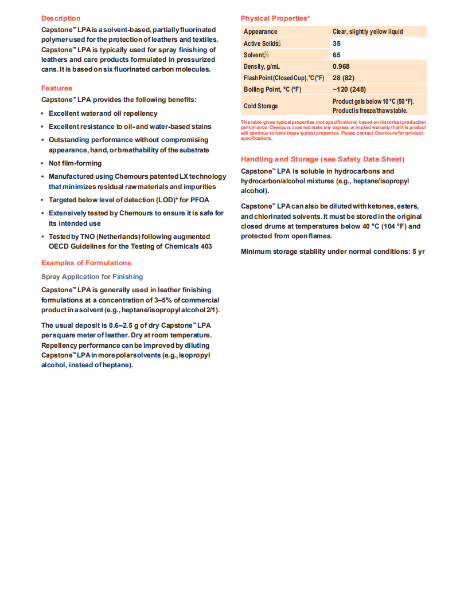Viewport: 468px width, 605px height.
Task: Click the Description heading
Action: pos(61,18)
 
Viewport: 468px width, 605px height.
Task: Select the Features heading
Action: pos(57,88)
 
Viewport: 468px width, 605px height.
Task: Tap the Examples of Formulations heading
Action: pos(86,263)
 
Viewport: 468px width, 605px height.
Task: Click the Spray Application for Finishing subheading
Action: pos(92,277)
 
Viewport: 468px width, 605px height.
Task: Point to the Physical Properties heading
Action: pos(275,18)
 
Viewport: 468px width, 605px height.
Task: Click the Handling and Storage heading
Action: pos(322,159)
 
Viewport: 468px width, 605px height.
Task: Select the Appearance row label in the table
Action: pos(260,32)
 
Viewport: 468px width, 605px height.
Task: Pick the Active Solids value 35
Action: pos(337,44)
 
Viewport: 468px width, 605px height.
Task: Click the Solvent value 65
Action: pos(337,55)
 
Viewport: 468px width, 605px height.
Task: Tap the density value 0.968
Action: pos(341,66)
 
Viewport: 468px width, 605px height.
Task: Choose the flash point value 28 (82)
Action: pos(344,78)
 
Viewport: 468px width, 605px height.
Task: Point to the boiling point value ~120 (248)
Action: pos(349,89)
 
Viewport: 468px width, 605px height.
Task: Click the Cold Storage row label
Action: pos(260,106)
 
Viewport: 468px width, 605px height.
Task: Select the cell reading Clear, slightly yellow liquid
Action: pos(368,32)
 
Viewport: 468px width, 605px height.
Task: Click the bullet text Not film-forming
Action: pos(75,163)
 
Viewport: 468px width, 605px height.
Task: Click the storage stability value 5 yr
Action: pos(418,252)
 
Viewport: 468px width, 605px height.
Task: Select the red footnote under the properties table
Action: pos(333,130)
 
